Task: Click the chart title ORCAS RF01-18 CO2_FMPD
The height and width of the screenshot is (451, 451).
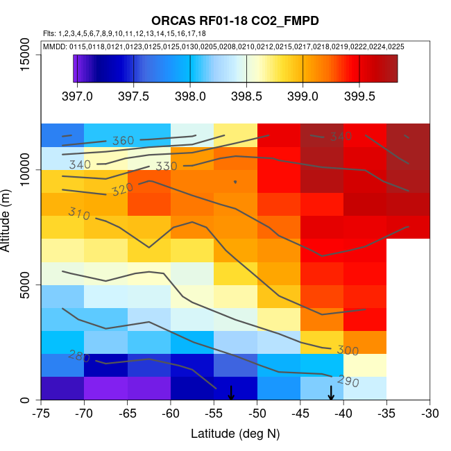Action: tap(235, 21)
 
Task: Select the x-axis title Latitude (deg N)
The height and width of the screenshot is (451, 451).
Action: tap(235, 434)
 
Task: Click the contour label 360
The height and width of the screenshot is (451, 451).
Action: tap(123, 141)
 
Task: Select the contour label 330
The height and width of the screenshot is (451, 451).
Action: tap(167, 167)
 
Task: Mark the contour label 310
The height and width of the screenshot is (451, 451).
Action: tap(79, 214)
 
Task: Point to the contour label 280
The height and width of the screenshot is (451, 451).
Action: tap(79, 356)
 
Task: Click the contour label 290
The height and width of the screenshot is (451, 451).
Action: tap(348, 381)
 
